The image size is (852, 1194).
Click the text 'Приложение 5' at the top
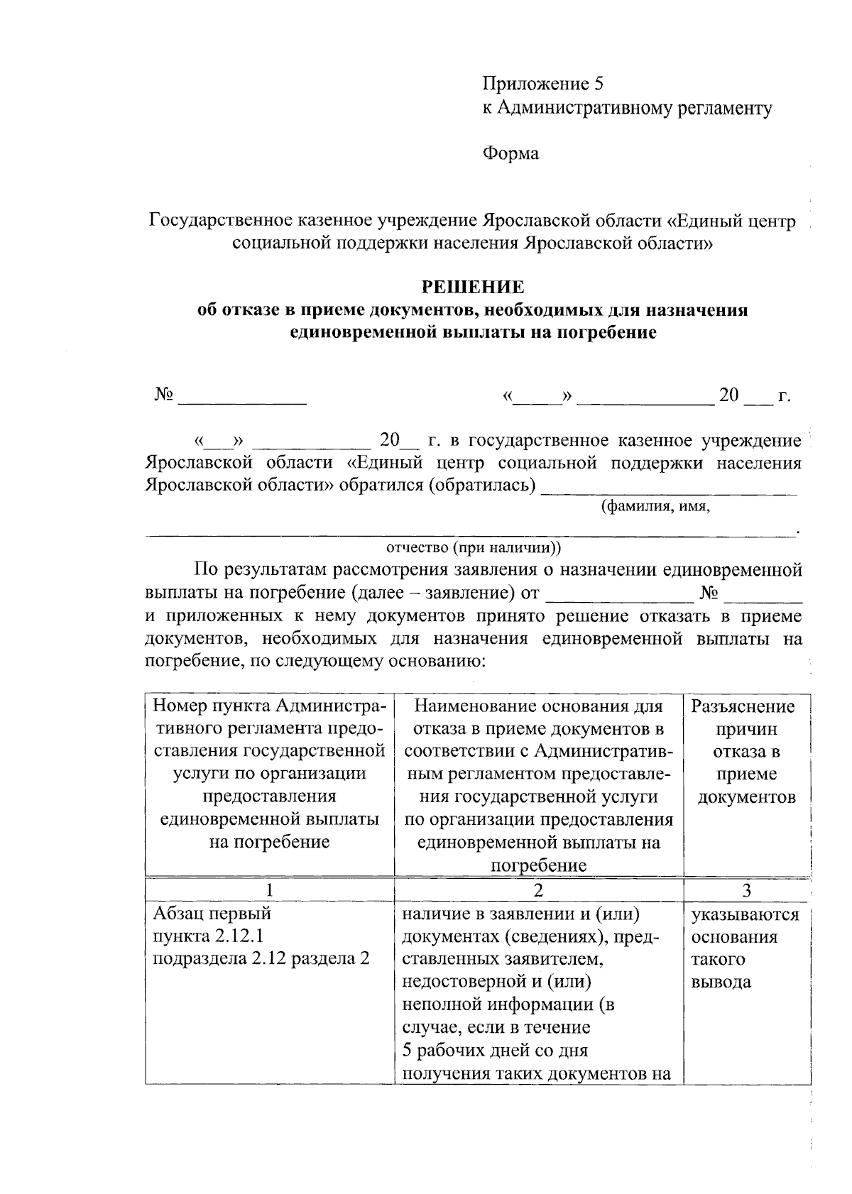click(542, 84)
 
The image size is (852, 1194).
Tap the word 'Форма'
click(510, 153)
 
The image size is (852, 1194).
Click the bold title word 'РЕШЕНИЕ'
click(473, 287)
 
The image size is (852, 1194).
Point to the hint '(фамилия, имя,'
click(655, 507)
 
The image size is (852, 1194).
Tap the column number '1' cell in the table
click(269, 890)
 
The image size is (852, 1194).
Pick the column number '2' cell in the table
click(538, 890)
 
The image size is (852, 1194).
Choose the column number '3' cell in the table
click(746, 890)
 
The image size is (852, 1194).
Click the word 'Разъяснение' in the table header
click(743, 706)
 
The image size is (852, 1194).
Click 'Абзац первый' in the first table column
click(212, 913)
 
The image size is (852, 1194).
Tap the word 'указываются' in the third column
click(745, 914)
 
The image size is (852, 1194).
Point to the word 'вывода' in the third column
click(721, 982)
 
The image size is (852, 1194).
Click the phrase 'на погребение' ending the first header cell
click(269, 842)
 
